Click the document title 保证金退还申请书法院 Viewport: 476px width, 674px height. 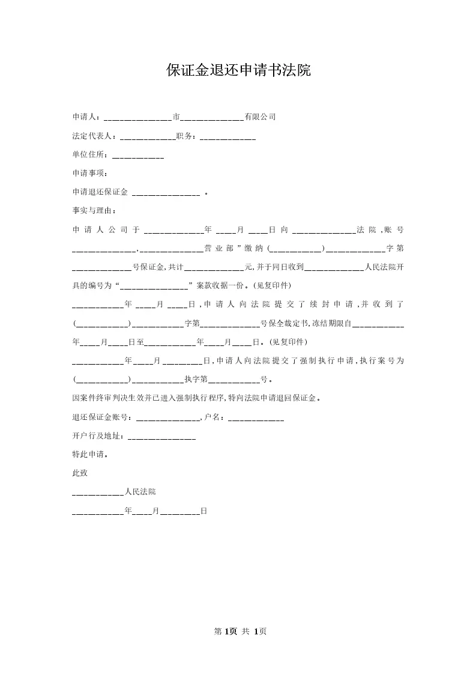click(238, 70)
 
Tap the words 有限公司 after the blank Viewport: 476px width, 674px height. click(260, 117)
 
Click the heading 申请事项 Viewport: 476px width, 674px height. click(88, 174)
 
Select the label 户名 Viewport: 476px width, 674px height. click(215, 417)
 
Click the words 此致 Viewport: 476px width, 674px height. click(80, 473)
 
